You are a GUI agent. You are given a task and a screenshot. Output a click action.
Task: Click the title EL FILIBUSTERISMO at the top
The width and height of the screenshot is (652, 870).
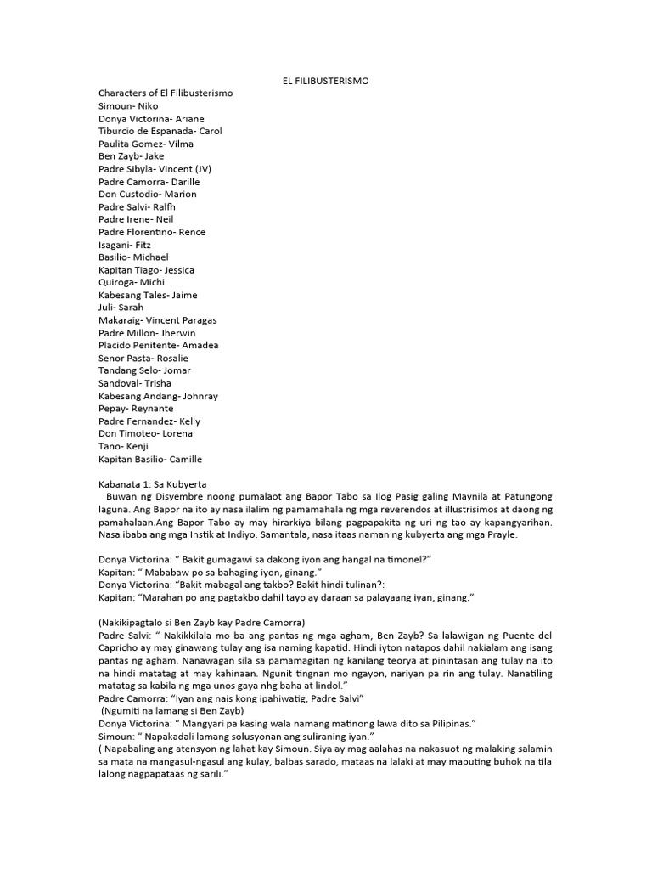pos(326,81)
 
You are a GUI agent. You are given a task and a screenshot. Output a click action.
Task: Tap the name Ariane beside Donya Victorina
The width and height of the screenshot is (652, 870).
pos(188,119)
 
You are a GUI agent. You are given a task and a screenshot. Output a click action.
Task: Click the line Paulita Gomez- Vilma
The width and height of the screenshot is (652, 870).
pos(146,144)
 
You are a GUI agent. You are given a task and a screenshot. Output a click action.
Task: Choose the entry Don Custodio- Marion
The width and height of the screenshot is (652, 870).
pos(148,195)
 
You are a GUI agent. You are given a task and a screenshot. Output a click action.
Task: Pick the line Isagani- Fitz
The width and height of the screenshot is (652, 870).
pos(125,245)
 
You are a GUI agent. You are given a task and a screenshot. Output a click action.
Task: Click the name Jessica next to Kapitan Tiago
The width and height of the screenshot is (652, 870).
pos(178,270)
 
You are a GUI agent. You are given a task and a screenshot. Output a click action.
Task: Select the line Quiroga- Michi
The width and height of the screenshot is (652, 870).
pos(132,282)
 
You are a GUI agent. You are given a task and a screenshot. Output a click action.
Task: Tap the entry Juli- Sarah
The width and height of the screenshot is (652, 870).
pos(121,308)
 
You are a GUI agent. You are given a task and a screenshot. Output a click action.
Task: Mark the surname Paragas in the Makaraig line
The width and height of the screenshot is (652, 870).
pos(198,320)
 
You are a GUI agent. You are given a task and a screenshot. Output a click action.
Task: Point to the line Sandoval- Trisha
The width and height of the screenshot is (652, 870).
pos(135,383)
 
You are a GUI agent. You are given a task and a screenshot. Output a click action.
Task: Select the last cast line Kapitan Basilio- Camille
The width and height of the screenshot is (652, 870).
pos(150,459)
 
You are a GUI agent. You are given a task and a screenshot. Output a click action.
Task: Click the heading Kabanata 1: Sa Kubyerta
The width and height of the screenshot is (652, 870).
pos(153,483)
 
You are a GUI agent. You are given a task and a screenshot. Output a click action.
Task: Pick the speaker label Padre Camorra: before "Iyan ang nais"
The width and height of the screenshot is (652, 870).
pos(135,698)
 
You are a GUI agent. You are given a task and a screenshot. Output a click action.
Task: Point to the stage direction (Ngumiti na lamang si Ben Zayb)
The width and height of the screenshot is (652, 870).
pos(173,710)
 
